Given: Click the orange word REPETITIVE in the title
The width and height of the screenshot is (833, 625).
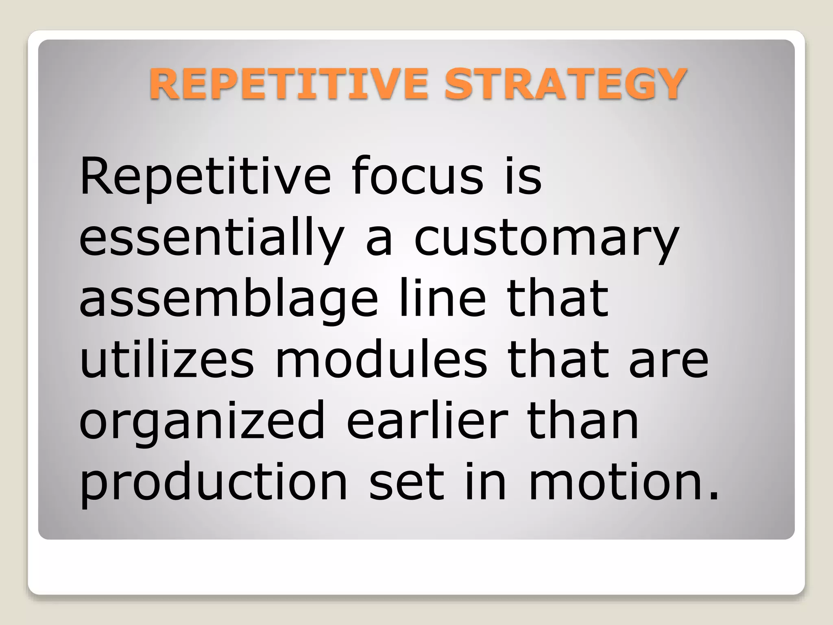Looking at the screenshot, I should coord(288,84).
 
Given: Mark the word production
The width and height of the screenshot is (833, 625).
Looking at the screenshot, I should coord(214,482).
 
